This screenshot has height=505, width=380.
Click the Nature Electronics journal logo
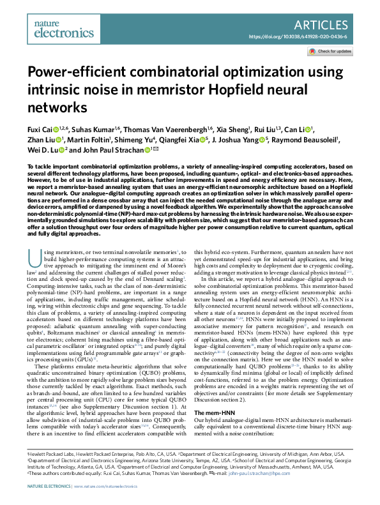(x=48, y=26)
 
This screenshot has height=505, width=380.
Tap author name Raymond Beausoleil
(x=309, y=140)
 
